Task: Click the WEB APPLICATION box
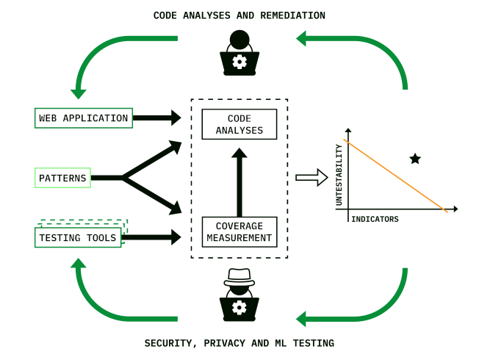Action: click(x=84, y=118)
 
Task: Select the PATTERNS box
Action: click(x=62, y=178)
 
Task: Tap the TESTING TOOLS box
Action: click(x=78, y=237)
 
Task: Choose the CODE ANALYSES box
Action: click(x=239, y=124)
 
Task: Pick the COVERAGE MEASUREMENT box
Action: click(x=239, y=232)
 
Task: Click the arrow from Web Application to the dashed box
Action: click(x=157, y=118)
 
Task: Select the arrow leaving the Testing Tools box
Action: click(x=154, y=237)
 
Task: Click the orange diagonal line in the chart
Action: click(x=395, y=176)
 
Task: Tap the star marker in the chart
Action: click(x=415, y=159)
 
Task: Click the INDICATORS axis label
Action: click(x=375, y=219)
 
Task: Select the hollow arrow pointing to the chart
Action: click(x=311, y=178)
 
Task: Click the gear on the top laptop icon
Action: click(x=239, y=62)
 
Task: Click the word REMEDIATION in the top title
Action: click(x=291, y=15)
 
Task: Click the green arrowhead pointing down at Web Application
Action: click(x=79, y=94)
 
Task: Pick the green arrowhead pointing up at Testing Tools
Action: click(x=79, y=263)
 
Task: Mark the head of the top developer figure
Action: click(x=239, y=39)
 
